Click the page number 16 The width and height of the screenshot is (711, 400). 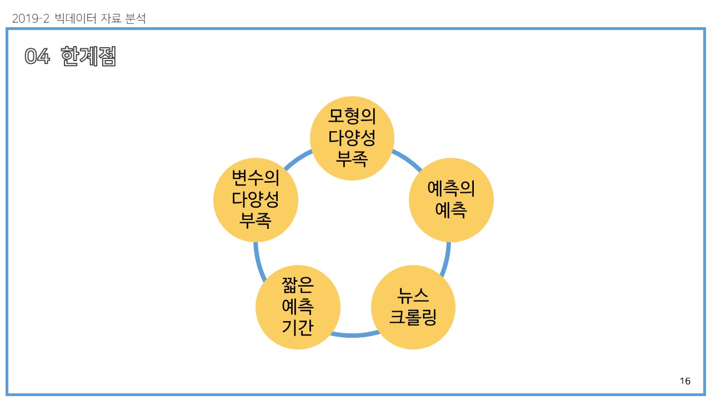coord(685,381)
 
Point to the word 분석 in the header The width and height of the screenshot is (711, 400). coord(137,19)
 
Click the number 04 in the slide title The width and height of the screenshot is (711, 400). coord(38,57)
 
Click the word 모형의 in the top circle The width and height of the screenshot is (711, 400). coord(352,116)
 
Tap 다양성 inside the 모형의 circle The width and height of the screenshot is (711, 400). coord(352,137)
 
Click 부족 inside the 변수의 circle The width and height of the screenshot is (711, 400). coord(256,220)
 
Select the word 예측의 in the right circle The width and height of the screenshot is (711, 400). coord(451,189)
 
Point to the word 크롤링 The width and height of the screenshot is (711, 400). coord(413,318)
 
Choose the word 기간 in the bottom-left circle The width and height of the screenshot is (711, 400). coord(298,328)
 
